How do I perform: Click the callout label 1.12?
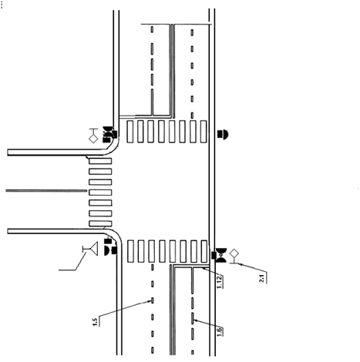(219, 282)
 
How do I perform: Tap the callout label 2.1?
(261, 278)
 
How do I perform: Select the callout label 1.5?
(95, 322)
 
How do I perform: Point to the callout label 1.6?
(219, 332)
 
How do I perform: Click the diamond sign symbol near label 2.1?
(234, 253)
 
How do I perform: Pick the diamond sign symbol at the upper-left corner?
(93, 138)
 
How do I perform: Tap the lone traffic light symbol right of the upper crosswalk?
(223, 134)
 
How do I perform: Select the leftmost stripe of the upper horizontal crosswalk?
(130, 132)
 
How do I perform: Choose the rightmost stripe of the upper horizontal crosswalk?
(204, 132)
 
